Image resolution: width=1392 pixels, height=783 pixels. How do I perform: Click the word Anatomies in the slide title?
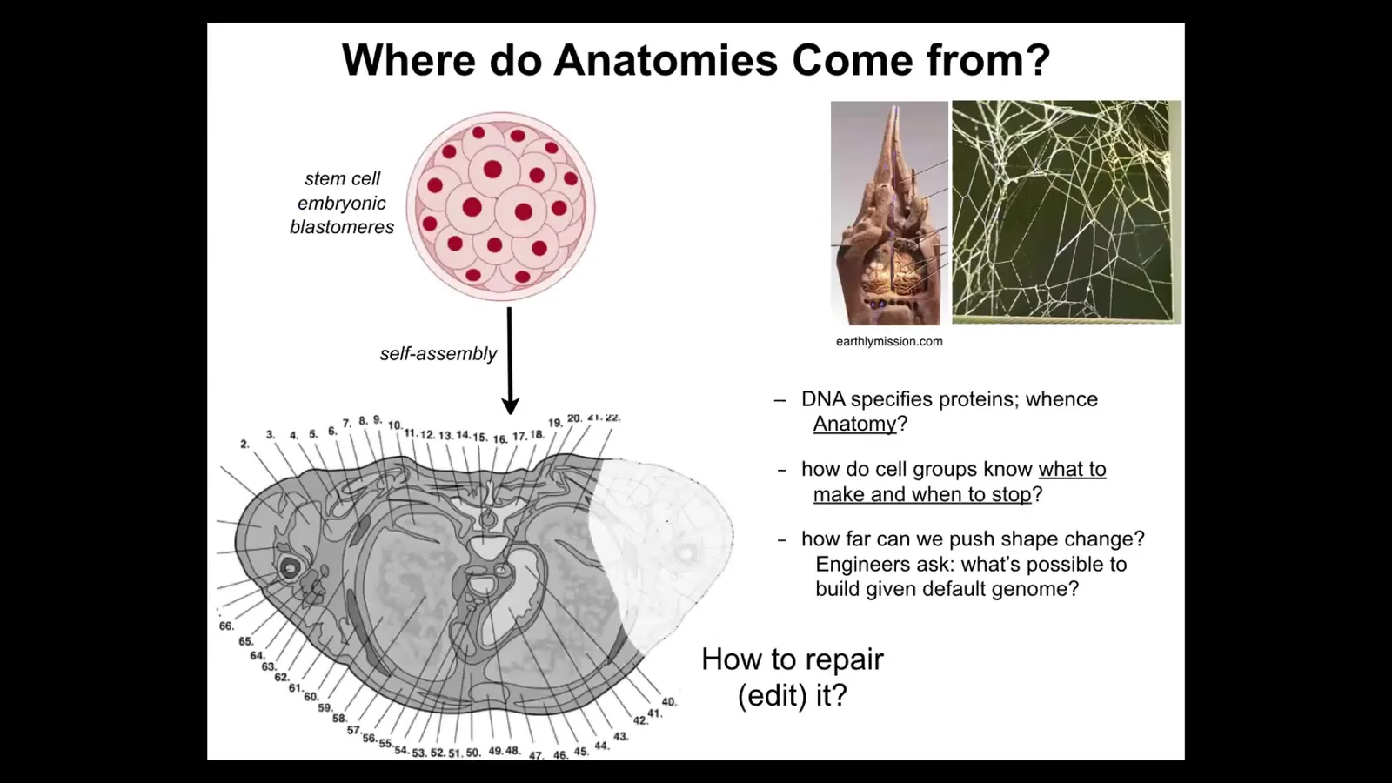coord(665,60)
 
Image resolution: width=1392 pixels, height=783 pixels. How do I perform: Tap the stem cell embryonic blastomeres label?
coord(342,203)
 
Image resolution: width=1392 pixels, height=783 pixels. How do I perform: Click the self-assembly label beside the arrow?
coord(438,353)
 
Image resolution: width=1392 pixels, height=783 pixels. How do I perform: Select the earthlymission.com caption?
coord(889,341)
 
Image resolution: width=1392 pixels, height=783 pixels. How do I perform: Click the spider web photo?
coord(1067,212)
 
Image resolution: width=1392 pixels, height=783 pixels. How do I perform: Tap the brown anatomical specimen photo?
coord(889,213)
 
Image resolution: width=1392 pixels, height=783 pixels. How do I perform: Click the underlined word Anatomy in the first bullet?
coord(854,424)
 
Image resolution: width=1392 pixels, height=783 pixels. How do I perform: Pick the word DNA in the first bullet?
coord(823,399)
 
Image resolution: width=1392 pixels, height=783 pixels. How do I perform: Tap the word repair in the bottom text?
coord(845,659)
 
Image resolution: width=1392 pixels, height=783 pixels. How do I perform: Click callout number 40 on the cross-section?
coord(669,701)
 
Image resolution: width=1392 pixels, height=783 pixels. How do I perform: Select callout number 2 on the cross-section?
coord(244,445)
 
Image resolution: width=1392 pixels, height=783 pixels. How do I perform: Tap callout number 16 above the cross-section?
coord(500,439)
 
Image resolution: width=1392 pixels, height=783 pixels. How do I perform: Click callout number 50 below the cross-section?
coord(473,753)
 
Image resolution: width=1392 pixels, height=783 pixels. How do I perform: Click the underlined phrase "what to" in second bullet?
coord(1072,469)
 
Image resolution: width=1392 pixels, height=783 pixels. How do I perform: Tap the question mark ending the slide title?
coord(1038,60)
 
